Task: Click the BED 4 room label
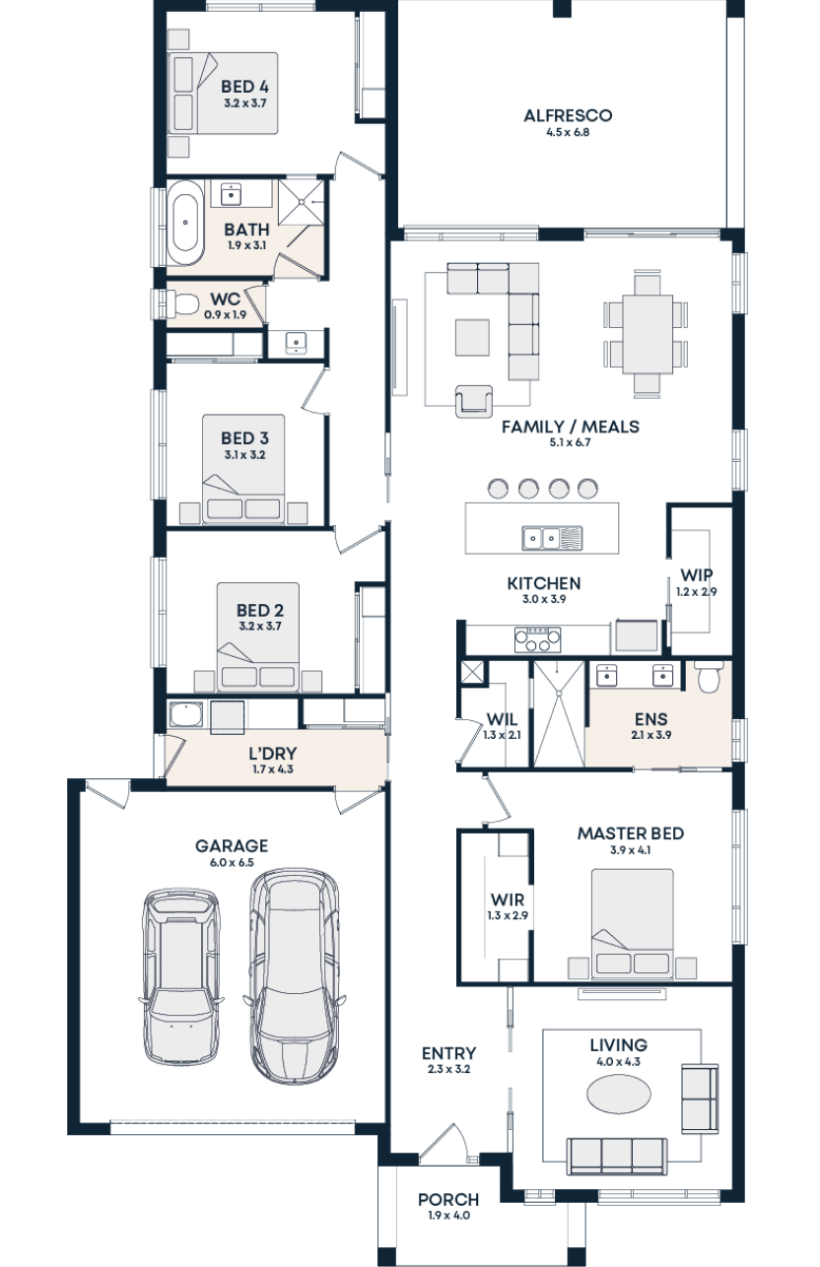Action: (245, 87)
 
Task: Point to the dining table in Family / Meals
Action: (647, 334)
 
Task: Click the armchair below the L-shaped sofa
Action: (474, 399)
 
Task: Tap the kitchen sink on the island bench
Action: (542, 538)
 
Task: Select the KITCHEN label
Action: (544, 584)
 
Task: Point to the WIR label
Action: (509, 900)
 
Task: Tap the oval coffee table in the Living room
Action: (618, 1096)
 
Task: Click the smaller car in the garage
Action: (180, 977)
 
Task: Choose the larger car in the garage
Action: (294, 974)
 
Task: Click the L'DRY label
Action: (273, 754)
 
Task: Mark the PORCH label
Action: (448, 1200)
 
